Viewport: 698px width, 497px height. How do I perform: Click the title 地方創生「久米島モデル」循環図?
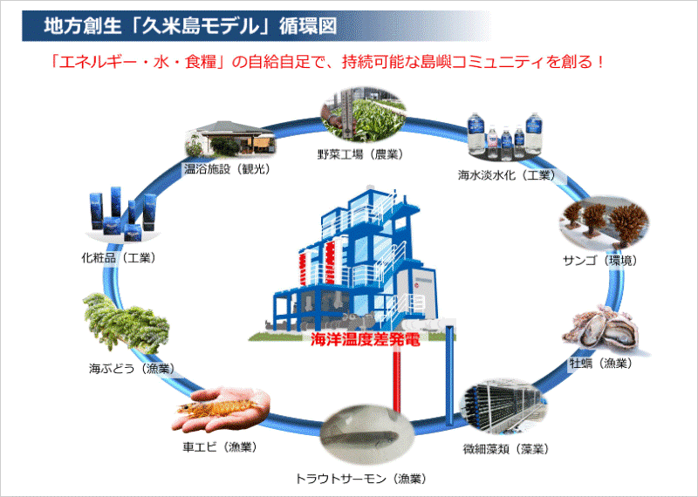click(x=190, y=26)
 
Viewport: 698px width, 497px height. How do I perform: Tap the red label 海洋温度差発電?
click(x=366, y=340)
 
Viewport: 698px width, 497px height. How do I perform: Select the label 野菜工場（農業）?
click(x=360, y=154)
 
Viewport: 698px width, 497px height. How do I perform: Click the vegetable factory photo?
click(x=363, y=114)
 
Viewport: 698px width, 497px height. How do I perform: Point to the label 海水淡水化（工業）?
click(x=507, y=175)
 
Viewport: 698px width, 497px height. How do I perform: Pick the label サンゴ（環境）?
click(x=600, y=261)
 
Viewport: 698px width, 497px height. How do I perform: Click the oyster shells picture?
click(x=602, y=330)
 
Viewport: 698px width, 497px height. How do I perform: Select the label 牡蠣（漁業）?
click(x=601, y=364)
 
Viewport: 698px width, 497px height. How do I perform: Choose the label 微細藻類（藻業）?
click(x=506, y=449)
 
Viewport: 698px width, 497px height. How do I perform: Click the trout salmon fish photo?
click(x=366, y=430)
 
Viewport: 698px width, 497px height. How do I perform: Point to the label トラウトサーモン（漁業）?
click(x=361, y=479)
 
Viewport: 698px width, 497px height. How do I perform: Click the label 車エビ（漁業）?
click(x=220, y=446)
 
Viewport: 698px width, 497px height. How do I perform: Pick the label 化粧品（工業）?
click(x=119, y=257)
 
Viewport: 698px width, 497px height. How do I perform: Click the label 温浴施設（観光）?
click(x=228, y=169)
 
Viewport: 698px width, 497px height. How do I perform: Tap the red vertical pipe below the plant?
click(x=397, y=379)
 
